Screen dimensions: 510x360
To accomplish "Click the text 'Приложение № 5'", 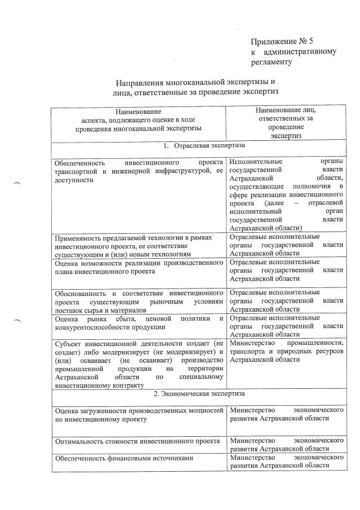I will point(280,41).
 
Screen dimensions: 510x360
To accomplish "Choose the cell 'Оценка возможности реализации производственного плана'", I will point(139,267).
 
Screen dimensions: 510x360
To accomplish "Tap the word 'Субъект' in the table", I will point(69,343).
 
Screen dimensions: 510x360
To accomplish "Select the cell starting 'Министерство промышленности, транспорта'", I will point(286,351).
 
